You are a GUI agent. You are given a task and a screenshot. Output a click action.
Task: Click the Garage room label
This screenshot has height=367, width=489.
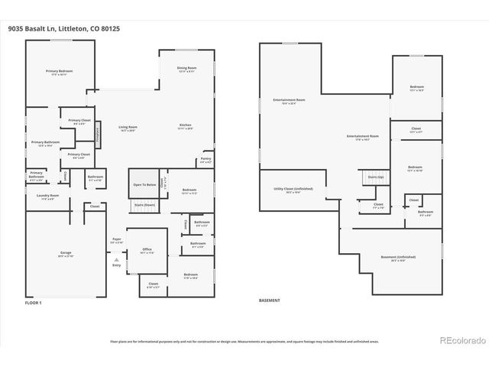[x=66, y=253]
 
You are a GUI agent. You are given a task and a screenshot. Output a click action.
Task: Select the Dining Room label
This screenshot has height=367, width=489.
[x=187, y=69]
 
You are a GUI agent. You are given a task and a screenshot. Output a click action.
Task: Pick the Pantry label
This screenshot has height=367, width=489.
[x=206, y=160]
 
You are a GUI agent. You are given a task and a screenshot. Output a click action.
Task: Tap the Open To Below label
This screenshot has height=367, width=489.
[x=144, y=185]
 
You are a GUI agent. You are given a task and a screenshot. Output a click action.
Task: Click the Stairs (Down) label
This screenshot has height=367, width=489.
[x=144, y=205]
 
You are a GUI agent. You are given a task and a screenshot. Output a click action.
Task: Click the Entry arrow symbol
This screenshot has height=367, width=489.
[x=116, y=259]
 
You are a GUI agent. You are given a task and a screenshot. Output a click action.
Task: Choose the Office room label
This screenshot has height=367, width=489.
[x=147, y=250]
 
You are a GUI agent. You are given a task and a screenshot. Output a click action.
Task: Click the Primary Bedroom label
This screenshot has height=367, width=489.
[x=60, y=72]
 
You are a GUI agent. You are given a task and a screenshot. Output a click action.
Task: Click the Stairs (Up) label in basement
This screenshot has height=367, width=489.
[x=376, y=177]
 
